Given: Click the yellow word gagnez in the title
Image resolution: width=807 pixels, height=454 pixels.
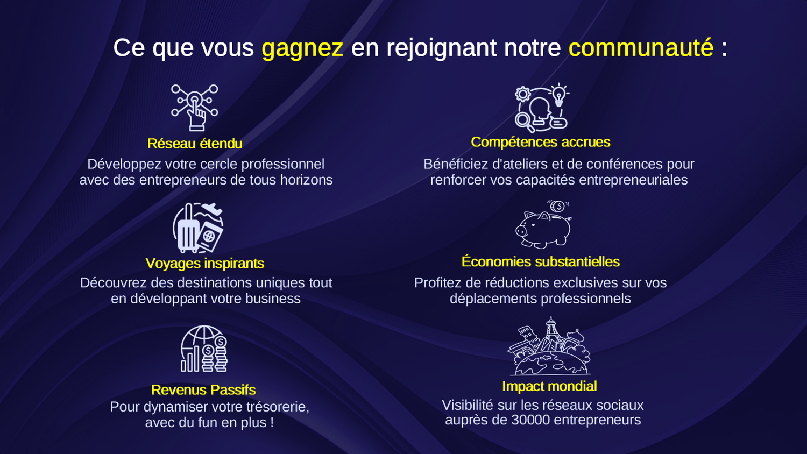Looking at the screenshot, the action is (x=302, y=48).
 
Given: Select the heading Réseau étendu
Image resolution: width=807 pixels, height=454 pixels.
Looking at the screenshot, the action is (x=195, y=144).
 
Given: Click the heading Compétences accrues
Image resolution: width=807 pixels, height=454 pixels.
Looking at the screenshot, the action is (x=540, y=142).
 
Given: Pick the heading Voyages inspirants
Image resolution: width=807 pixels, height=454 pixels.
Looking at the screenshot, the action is (x=204, y=264).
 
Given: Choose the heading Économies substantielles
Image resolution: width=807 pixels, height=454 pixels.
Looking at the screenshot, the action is (x=540, y=261).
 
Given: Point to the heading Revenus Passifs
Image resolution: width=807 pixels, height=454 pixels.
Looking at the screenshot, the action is (x=203, y=390).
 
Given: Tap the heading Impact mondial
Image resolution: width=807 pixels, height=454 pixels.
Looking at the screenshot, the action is (x=549, y=386).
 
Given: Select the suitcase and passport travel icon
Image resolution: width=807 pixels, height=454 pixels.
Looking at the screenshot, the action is (x=198, y=228).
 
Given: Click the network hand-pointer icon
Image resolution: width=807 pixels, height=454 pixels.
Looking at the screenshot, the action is (x=195, y=108).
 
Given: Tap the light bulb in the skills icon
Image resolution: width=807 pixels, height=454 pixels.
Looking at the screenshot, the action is (x=558, y=95).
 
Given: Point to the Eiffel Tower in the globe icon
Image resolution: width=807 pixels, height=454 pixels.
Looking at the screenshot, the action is (x=550, y=334).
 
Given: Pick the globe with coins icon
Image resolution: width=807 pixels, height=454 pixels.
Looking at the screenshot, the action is (x=204, y=349).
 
